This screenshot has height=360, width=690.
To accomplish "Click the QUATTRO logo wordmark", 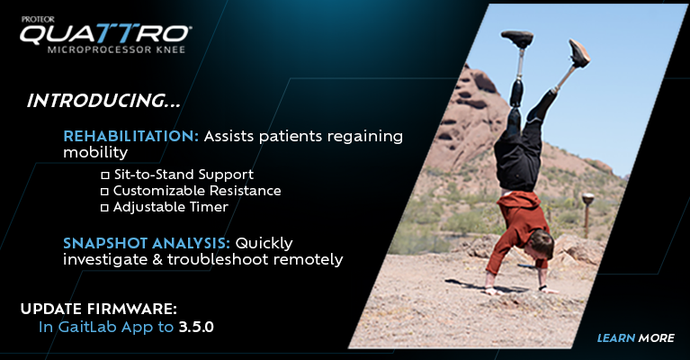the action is pos(105,33).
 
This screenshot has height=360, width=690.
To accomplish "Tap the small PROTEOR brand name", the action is pos(39,20).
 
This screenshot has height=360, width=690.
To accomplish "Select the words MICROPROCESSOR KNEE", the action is pos(116,49).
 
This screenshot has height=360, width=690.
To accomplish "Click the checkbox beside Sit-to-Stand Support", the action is pos(104,175).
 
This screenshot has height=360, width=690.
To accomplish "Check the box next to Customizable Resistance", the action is pos(104,192).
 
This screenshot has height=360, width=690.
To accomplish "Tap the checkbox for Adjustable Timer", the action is pos(104,208).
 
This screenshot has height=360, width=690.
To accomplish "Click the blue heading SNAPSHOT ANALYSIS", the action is pos(147,243).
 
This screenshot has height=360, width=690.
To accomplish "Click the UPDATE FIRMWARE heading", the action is pos(99,309).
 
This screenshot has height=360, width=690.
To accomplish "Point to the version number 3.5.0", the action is pos(196,327).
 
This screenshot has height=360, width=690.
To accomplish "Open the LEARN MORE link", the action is pos(635,338).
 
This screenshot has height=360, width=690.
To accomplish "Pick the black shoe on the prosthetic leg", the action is pos(517,39).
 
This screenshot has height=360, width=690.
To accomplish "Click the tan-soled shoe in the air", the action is pos(578,53).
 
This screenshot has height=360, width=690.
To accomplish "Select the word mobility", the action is pos(95,153).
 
